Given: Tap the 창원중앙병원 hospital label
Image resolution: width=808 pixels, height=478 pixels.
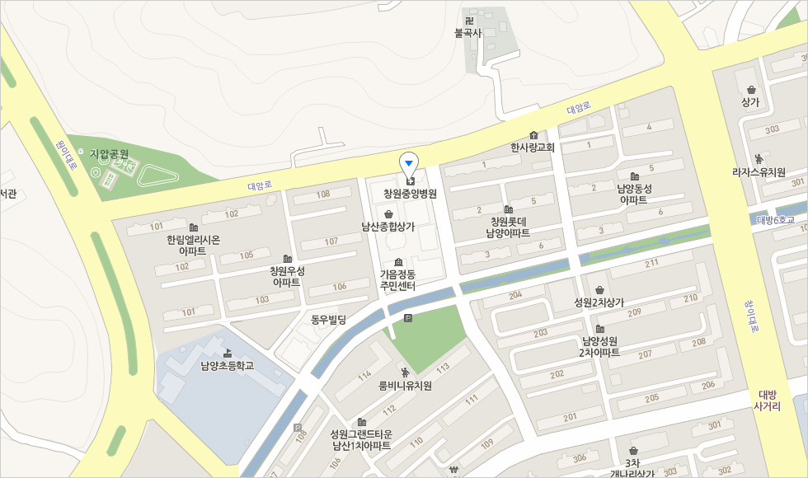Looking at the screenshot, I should [410, 194].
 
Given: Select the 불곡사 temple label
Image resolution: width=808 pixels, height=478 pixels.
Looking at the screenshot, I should [467, 33].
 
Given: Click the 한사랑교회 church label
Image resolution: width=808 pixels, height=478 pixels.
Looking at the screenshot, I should [533, 148].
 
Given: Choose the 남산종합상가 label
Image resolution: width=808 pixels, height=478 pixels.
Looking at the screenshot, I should [388, 226].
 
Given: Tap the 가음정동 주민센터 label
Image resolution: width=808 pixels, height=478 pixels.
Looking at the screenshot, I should [397, 279].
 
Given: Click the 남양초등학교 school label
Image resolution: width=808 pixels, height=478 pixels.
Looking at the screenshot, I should [227, 365].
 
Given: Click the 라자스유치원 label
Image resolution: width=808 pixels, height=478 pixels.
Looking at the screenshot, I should [759, 172].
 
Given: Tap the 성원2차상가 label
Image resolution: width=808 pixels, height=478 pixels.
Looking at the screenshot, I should [599, 302].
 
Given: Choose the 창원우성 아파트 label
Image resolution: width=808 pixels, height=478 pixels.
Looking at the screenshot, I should [287, 276].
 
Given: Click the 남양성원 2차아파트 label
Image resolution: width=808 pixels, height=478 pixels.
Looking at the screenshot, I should [599, 346].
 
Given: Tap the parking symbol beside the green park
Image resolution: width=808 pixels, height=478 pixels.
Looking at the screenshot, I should [406, 319].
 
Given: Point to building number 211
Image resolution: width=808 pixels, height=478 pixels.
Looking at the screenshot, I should [652, 263].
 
